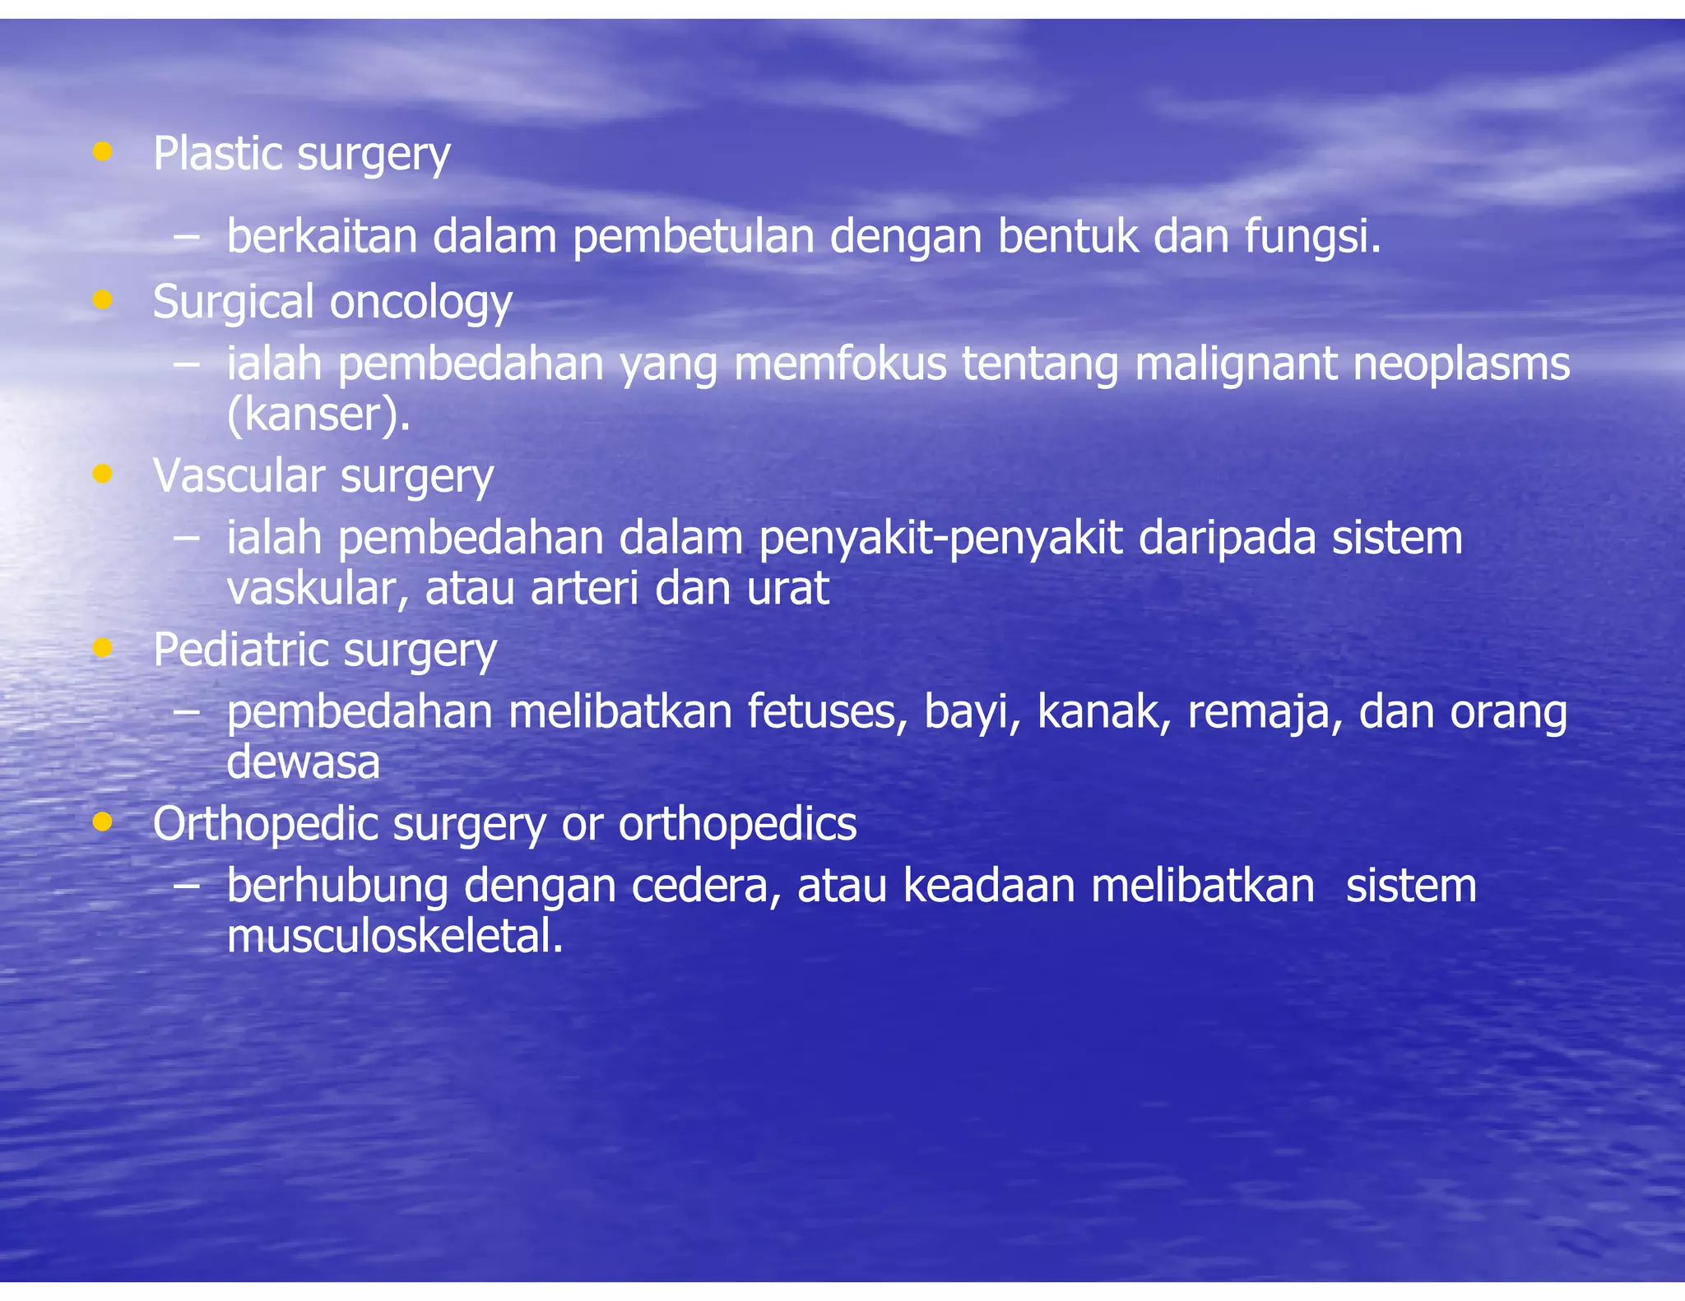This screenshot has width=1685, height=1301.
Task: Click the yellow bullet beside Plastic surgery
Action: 102,151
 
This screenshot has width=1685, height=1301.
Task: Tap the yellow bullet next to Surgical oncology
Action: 102,299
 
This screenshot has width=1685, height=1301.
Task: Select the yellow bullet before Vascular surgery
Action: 102,473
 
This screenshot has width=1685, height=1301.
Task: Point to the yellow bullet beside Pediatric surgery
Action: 102,648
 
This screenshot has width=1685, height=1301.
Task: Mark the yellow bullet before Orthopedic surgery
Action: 102,822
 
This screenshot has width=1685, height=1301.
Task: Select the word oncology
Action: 420,303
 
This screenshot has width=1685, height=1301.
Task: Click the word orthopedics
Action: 737,824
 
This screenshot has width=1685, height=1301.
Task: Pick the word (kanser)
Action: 318,414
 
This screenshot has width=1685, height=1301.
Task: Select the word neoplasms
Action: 1461,364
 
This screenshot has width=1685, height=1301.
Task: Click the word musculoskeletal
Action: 395,937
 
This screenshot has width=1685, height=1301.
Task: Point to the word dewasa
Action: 303,762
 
